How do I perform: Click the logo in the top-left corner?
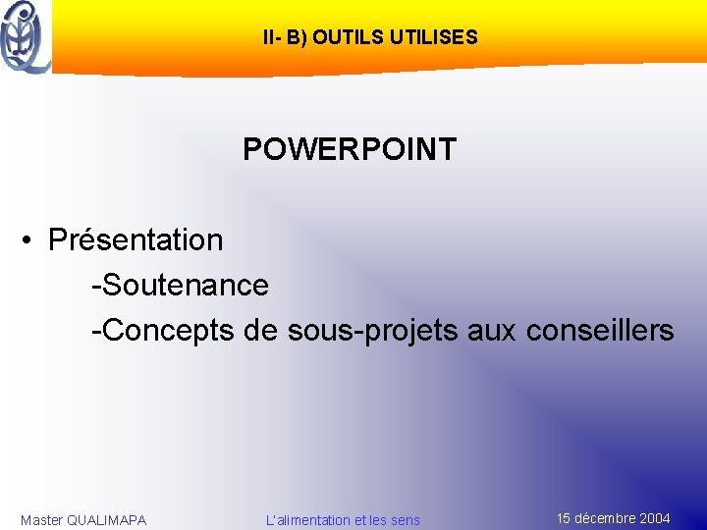[27, 36]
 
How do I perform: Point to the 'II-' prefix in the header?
[272, 38]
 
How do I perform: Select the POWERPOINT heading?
[350, 149]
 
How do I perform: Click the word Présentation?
[136, 239]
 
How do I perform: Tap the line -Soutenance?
[180, 286]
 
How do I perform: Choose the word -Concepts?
[163, 331]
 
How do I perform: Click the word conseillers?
[600, 331]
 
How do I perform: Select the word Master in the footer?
[41, 520]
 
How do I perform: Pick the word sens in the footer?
[404, 520]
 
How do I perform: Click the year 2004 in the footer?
[654, 518]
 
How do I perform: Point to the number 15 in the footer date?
[565, 518]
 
